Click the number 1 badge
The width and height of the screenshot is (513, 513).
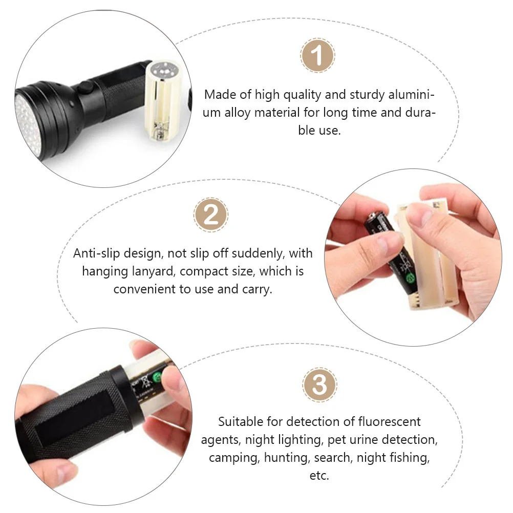(x=317, y=55)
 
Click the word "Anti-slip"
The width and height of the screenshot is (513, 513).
(x=98, y=253)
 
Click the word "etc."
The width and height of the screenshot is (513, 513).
(x=319, y=475)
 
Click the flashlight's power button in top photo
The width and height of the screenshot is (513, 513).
(x=84, y=89)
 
